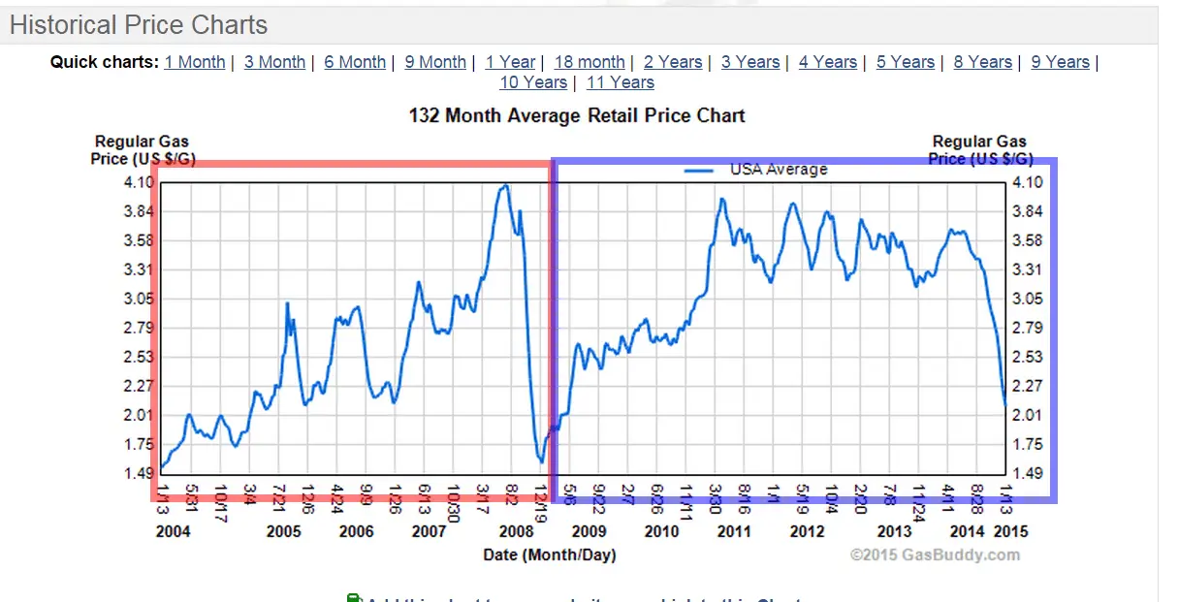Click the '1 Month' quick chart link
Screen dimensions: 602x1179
coord(194,62)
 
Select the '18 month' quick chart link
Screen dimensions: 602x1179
coord(589,62)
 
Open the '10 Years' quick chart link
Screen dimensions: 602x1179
coord(532,83)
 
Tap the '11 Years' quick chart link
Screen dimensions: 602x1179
coord(620,83)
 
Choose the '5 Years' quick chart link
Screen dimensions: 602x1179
coord(905,62)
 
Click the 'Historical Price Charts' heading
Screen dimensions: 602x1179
coord(139,25)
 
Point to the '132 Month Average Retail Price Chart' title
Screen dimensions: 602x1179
coord(577,116)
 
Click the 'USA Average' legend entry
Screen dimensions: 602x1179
coord(778,170)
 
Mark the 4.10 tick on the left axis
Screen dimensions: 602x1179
coord(140,182)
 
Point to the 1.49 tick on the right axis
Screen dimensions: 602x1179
coord(1027,473)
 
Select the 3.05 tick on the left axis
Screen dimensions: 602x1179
coord(140,299)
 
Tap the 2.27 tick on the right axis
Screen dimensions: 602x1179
coord(1027,386)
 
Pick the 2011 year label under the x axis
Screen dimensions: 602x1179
coord(734,531)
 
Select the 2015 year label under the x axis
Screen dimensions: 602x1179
coord(1010,531)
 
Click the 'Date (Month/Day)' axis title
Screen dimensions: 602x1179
coord(550,554)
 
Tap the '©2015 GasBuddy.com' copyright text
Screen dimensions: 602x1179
coord(935,555)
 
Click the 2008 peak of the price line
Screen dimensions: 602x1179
coord(503,186)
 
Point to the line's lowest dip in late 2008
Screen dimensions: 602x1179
coord(541,462)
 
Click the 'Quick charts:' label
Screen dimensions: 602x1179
coord(104,62)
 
